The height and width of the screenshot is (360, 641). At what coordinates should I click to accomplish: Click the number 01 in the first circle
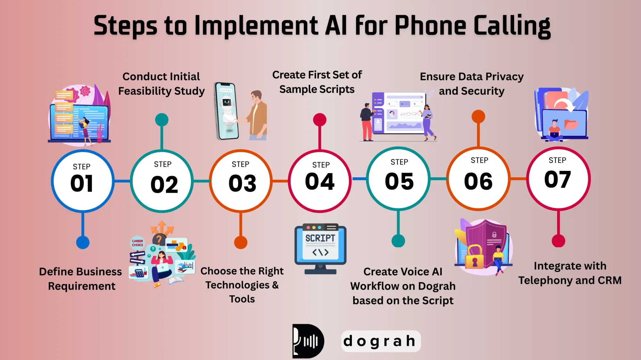(82, 184)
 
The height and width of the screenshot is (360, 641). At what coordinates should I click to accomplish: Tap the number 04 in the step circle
(320, 181)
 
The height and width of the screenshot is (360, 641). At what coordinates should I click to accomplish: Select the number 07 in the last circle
(557, 179)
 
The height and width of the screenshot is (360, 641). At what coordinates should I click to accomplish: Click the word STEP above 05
(399, 162)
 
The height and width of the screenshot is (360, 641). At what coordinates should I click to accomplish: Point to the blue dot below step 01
(83, 243)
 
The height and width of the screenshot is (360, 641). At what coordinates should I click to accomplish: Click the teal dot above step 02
(162, 120)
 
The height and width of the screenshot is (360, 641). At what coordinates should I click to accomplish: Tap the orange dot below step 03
(241, 242)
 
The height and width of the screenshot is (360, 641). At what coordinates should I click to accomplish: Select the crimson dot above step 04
(320, 120)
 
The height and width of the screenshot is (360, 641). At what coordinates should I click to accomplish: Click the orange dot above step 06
(478, 116)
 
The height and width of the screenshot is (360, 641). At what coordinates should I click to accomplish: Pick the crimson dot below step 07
(558, 241)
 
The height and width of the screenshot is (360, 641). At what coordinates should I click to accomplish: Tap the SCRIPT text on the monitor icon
(320, 238)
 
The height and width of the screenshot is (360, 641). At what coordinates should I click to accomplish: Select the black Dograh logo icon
(308, 341)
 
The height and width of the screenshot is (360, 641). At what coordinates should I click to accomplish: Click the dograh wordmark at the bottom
(380, 341)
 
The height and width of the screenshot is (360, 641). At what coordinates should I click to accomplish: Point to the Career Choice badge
(137, 243)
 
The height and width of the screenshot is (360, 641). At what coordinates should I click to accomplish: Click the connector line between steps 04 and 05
(359, 179)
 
